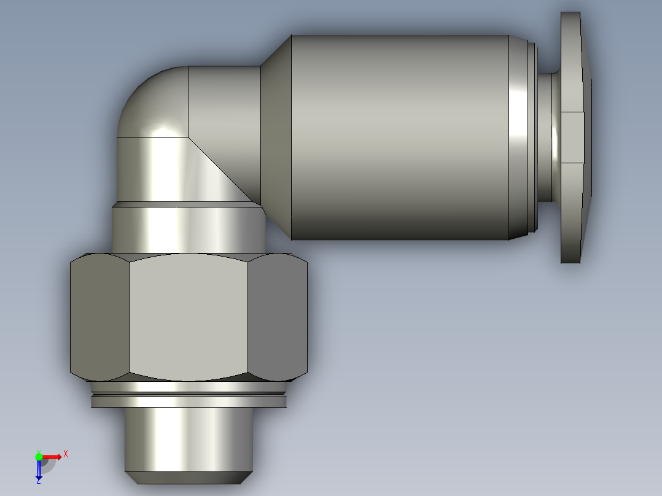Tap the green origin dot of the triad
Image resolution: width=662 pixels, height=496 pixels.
tap(39, 456)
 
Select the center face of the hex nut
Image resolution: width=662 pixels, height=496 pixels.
tap(189, 317)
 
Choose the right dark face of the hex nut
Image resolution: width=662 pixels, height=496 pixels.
tap(278, 317)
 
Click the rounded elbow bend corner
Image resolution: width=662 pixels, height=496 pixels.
tap(150, 101)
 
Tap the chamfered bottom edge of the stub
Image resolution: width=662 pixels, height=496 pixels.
tap(187, 476)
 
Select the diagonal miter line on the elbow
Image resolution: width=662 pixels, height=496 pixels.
tap(221, 171)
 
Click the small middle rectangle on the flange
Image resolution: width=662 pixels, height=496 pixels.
tap(572, 137)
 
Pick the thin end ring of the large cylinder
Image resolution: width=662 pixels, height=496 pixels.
tap(518, 137)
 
